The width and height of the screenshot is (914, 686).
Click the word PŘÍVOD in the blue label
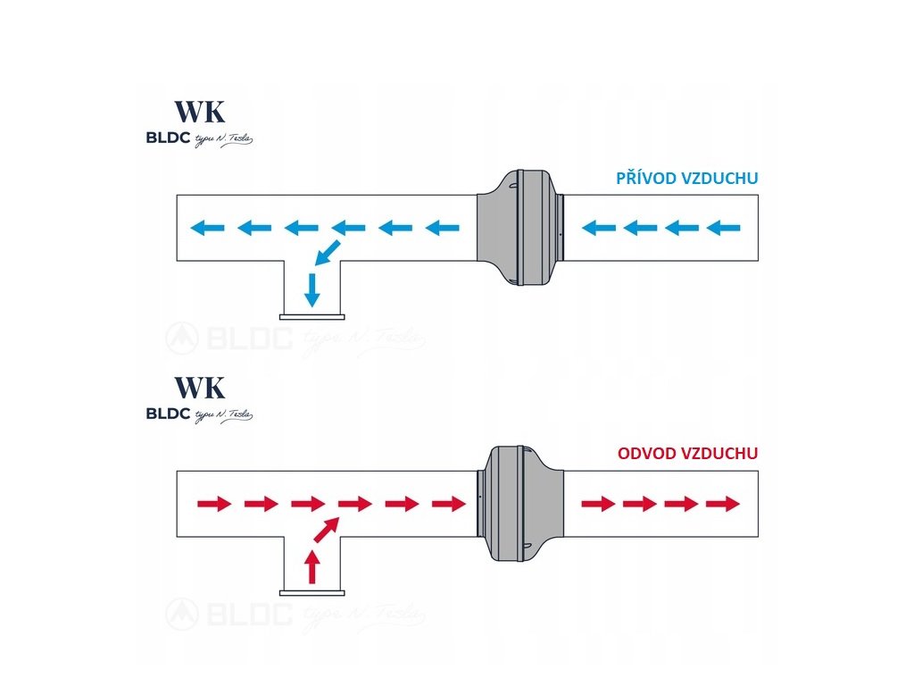tap(646, 179)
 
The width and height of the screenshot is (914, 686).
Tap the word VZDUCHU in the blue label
tap(719, 179)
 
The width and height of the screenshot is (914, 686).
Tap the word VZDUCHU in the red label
tap(719, 454)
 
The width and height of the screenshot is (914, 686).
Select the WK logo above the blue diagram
tap(200, 112)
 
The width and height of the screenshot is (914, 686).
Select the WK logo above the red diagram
tap(200, 388)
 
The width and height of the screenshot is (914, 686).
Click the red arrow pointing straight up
tap(312, 566)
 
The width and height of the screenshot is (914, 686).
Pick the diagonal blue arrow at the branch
tap(324, 254)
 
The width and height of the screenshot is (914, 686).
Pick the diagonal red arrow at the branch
tap(325, 531)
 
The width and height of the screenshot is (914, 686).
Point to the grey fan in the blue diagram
tap(520, 229)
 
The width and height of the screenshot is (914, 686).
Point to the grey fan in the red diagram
tap(520, 504)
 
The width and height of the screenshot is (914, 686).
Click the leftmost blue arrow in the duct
tap(209, 229)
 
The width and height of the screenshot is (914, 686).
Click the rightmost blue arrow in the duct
tap(724, 229)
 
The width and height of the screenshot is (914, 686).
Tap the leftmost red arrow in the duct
tap(212, 504)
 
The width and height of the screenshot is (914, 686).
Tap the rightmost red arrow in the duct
tap(723, 504)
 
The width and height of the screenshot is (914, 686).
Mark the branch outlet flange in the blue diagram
tap(312, 315)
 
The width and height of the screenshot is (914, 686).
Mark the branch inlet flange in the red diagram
tap(312, 591)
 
